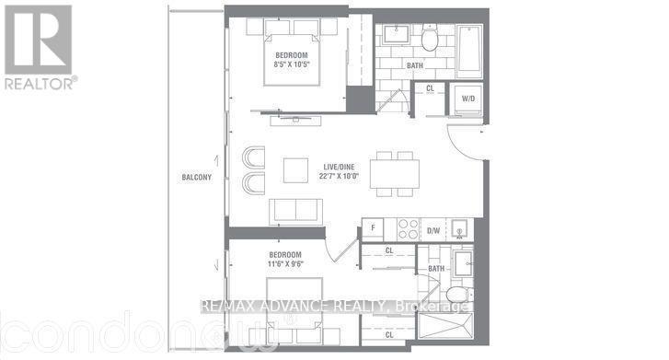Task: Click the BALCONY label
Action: coord(196,178)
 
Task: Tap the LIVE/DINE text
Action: coord(334,166)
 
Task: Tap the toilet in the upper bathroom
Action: coord(432,39)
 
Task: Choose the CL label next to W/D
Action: coord(430,88)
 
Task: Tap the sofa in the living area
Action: coord(295,210)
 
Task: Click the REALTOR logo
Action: coord(38,46)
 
